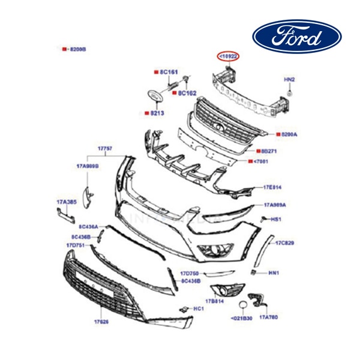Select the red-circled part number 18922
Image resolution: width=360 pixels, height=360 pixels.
(x=229, y=56)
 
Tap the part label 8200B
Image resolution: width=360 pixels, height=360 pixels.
(x=78, y=49)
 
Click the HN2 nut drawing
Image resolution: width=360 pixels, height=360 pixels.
(x=289, y=94)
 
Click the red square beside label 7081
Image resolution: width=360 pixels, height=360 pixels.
(x=250, y=161)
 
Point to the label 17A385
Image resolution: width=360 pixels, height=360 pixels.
(x=66, y=202)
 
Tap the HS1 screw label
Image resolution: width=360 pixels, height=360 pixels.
(x=276, y=220)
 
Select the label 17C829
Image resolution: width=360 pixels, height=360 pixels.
(x=284, y=243)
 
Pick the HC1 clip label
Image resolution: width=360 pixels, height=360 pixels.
(x=197, y=308)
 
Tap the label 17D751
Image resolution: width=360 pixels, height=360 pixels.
(x=76, y=245)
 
